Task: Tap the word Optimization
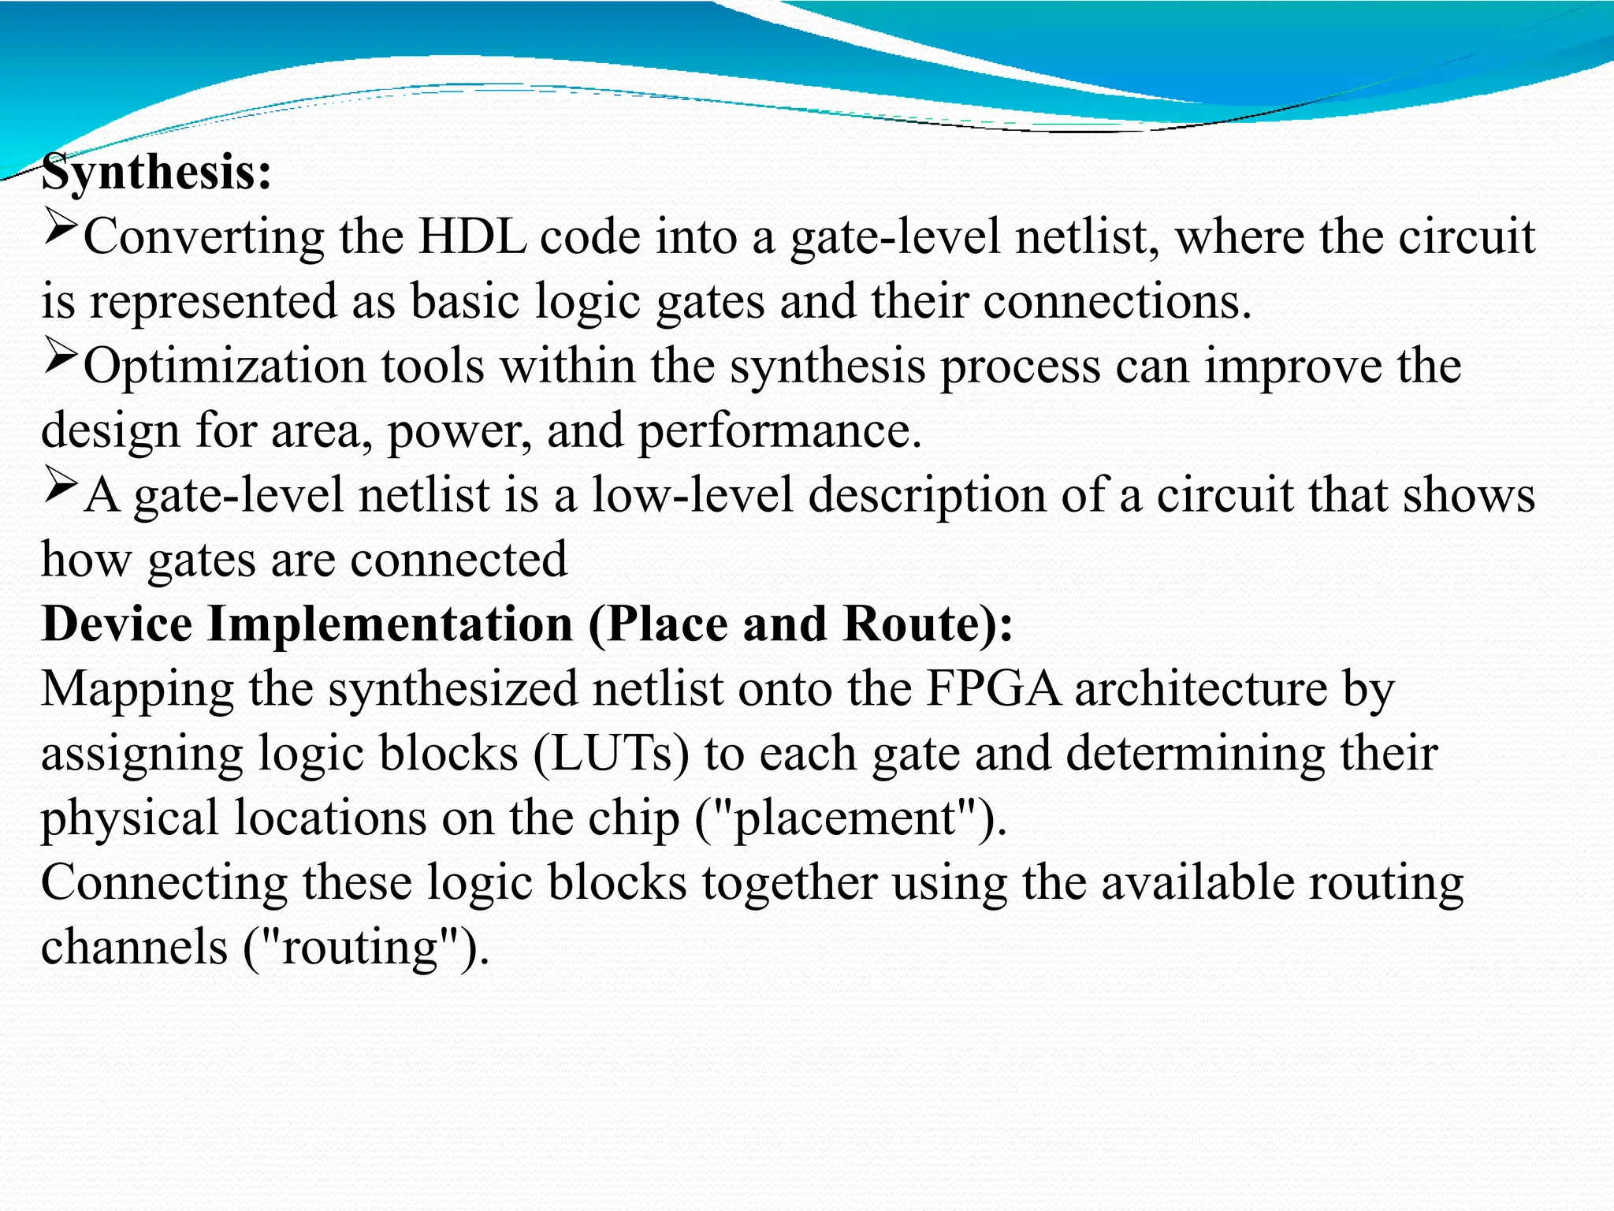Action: pyautogui.click(x=225, y=367)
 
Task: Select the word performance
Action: pyautogui.click(x=779, y=432)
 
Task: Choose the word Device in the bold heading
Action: pyautogui.click(x=117, y=624)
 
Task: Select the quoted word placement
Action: pyautogui.click(x=844, y=818)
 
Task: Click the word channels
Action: pyautogui.click(x=134, y=946)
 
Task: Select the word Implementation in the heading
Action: pyautogui.click(x=390, y=626)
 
